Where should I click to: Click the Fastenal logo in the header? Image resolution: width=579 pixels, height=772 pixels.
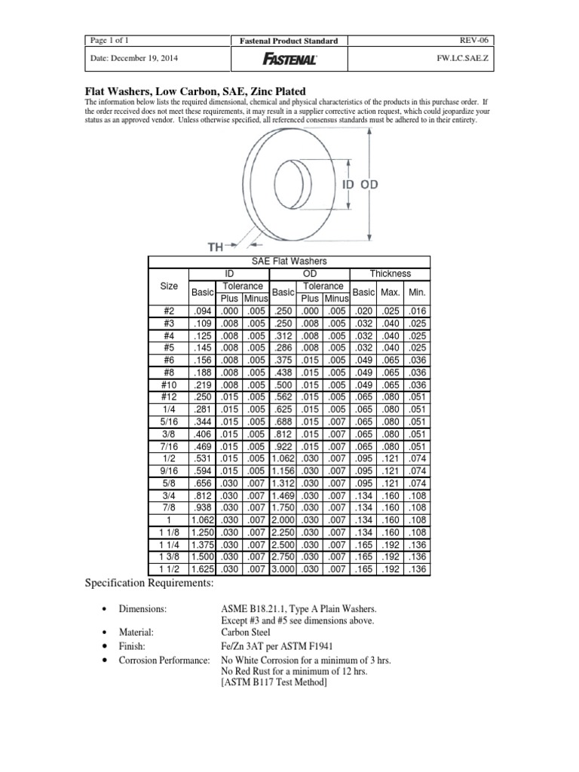(x=289, y=57)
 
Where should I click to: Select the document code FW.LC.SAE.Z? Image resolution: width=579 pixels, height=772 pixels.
(x=471, y=57)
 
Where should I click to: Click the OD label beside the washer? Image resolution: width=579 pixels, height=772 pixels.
(x=369, y=184)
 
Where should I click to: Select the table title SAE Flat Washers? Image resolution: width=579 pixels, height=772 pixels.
(x=289, y=261)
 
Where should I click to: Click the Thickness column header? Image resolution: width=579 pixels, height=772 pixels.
(x=390, y=273)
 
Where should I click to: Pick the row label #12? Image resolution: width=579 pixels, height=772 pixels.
(x=168, y=397)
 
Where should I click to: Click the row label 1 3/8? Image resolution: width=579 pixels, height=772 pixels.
(x=168, y=557)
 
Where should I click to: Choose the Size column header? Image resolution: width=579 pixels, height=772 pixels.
(x=168, y=286)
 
